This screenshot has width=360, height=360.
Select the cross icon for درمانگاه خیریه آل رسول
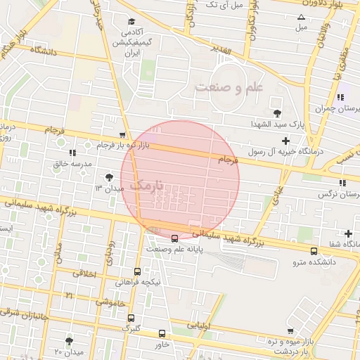point(285,141)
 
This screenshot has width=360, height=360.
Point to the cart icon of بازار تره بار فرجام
point(123,135)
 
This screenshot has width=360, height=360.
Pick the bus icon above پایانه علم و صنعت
point(174,238)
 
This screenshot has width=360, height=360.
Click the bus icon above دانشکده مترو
point(314,251)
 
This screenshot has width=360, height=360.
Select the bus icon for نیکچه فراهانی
point(137,271)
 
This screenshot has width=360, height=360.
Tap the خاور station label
point(162,345)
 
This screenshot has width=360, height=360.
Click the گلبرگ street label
point(131,328)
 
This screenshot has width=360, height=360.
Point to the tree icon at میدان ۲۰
point(69,341)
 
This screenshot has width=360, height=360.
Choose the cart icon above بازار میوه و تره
point(290,331)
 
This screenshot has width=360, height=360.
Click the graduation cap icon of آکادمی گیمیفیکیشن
point(131,22)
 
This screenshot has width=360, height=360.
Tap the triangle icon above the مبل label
point(302,17)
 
